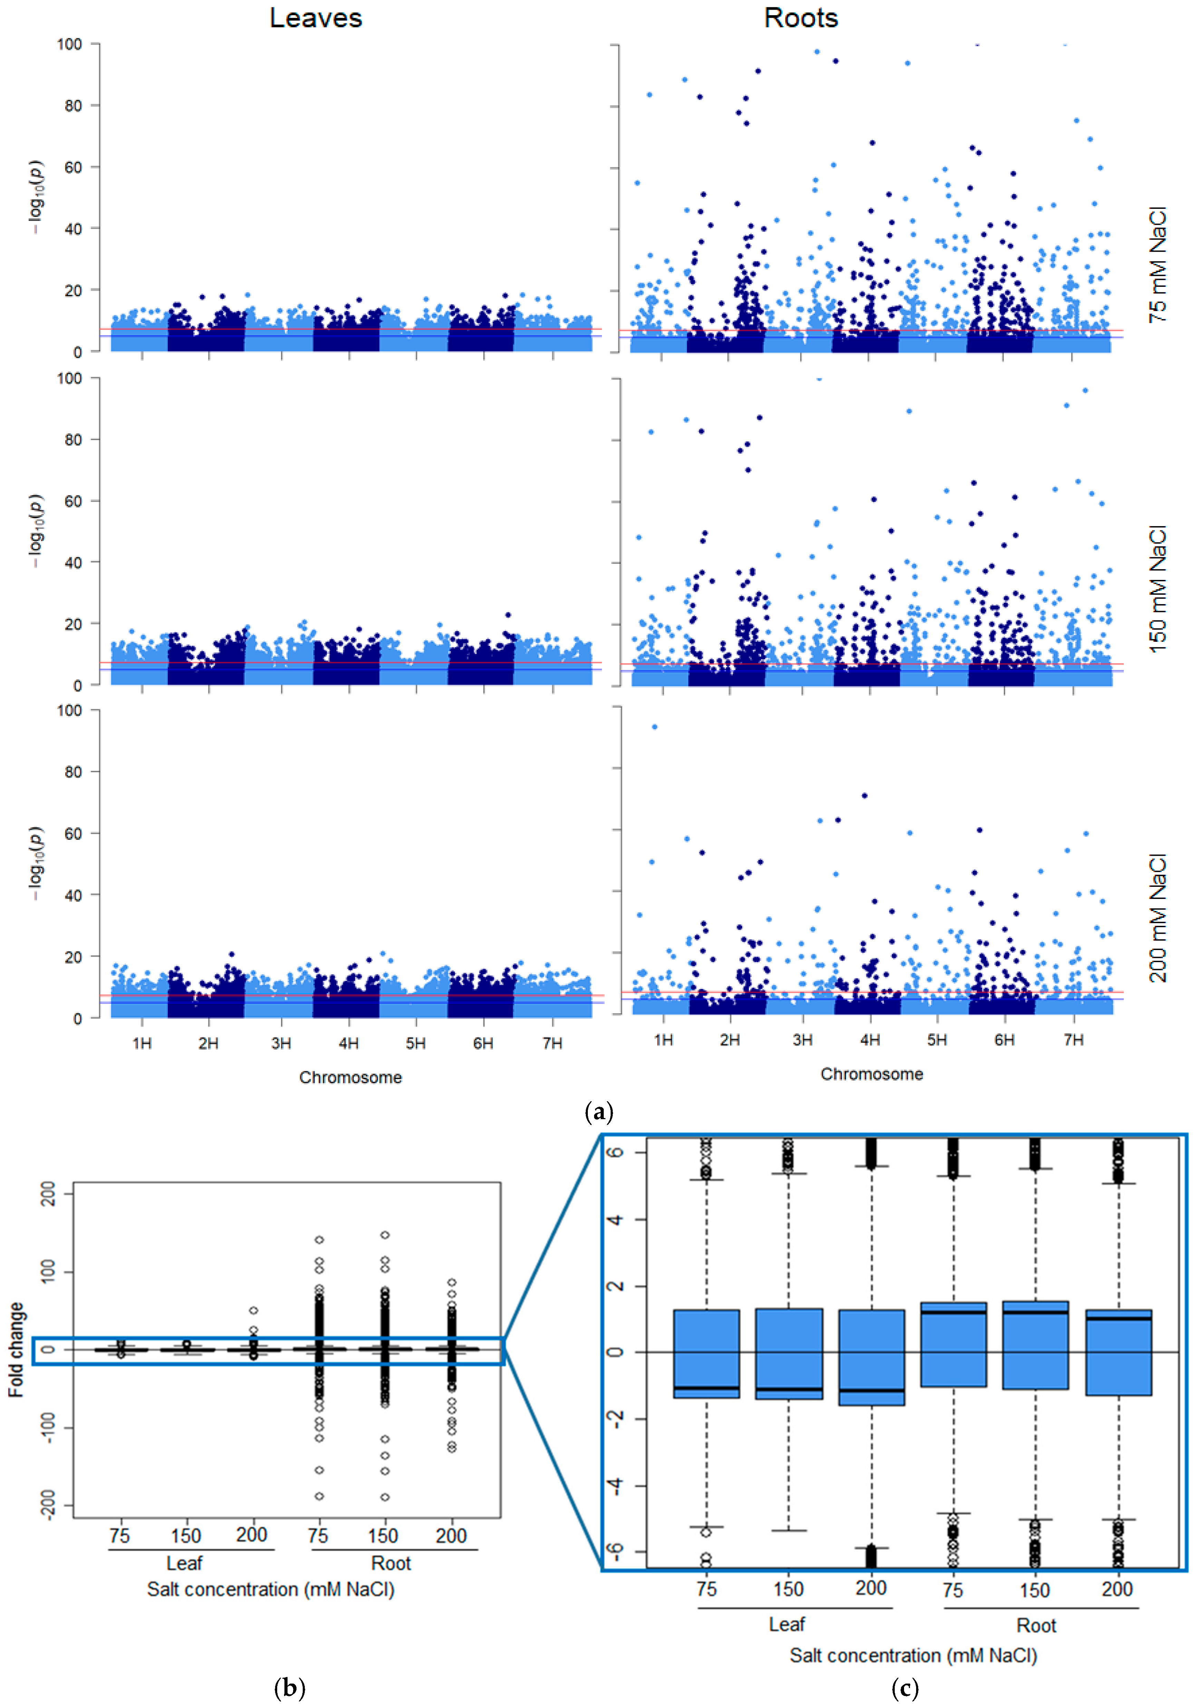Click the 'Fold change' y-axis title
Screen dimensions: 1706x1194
(x=16, y=1350)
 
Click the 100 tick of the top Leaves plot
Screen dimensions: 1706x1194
(x=70, y=45)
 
